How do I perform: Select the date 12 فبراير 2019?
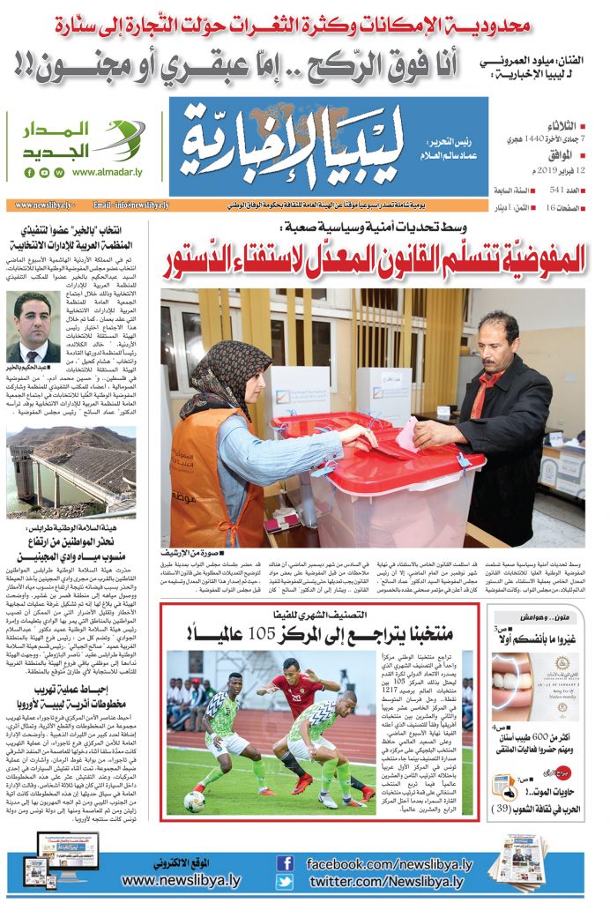pos(544,168)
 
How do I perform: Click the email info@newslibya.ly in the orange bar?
pos(130,205)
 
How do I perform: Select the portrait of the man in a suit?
pos(33,327)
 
